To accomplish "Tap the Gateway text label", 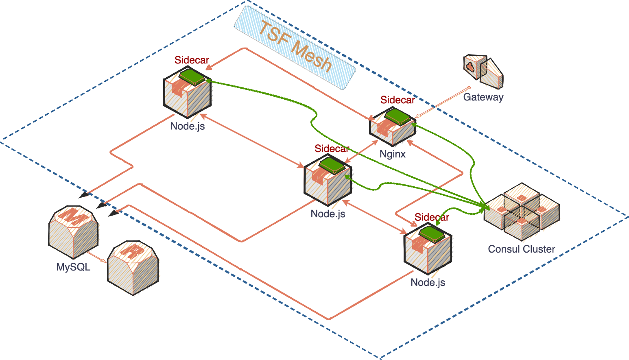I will tap(483, 97).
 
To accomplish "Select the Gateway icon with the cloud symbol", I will tap(483, 71).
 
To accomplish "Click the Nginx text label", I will tap(393, 154).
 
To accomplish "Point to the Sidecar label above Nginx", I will tap(397, 100).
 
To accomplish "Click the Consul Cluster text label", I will tap(521, 249).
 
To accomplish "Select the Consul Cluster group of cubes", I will tap(522, 212).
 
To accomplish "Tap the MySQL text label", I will tap(73, 267).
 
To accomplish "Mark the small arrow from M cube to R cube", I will tap(97, 257).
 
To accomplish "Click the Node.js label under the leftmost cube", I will tap(188, 126).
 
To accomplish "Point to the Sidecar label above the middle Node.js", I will tap(332, 149).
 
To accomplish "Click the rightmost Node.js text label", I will tap(428, 282).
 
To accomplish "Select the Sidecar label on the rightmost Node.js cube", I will tap(432, 217).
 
